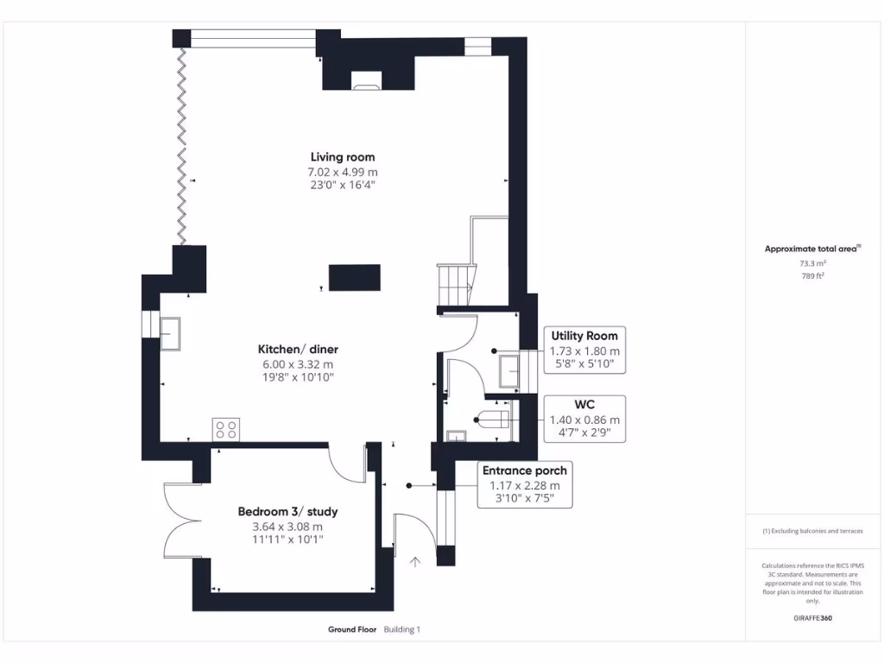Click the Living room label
[x=343, y=157]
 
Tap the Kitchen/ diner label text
[x=298, y=350]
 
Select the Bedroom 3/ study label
[x=287, y=512]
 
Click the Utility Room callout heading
[x=584, y=336]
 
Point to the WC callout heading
[x=584, y=404]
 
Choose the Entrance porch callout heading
[x=524, y=470]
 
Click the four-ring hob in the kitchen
[x=226, y=429]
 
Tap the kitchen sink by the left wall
[x=170, y=332]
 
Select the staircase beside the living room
[x=456, y=283]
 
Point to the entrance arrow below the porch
[x=415, y=562]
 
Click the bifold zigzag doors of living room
[x=182, y=147]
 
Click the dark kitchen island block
[x=355, y=278]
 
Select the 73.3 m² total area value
[x=812, y=263]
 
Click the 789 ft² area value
[x=812, y=276]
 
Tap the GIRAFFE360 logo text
[x=812, y=618]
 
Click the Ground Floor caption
[x=351, y=629]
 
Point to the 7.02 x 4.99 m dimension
[x=343, y=172]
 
